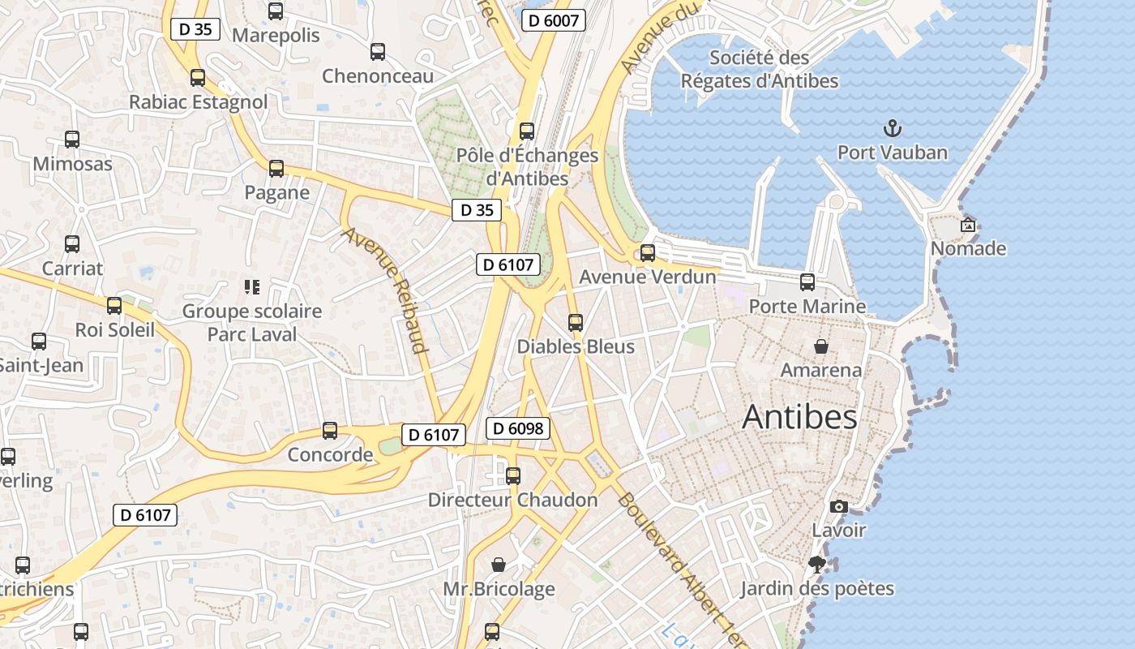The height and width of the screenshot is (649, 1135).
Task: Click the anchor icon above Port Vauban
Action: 892,128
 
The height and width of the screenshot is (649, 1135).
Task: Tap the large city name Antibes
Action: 799,417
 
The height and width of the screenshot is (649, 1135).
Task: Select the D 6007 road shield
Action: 554,20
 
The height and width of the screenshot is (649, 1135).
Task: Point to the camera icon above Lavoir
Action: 839,507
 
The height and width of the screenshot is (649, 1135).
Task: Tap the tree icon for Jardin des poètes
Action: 817,565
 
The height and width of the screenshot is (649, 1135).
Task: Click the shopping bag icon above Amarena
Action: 821,346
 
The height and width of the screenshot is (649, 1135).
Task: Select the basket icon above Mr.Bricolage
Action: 499,565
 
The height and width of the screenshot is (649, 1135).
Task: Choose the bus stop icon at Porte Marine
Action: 807,282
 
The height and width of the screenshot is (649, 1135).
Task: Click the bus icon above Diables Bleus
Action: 576,323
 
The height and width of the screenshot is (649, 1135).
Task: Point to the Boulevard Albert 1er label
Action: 681,568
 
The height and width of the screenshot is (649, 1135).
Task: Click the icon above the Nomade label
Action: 967,225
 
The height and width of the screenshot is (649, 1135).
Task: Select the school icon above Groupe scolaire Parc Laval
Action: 251,286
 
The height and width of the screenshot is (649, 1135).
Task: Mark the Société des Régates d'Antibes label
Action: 759,69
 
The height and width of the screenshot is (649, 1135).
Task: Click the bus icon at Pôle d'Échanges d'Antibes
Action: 527,131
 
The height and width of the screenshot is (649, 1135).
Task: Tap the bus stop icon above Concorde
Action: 330,431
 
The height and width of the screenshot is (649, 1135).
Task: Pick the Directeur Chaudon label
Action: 512,500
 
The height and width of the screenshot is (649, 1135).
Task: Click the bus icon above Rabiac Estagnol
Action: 198,78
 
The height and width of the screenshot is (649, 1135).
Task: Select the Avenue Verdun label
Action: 647,277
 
